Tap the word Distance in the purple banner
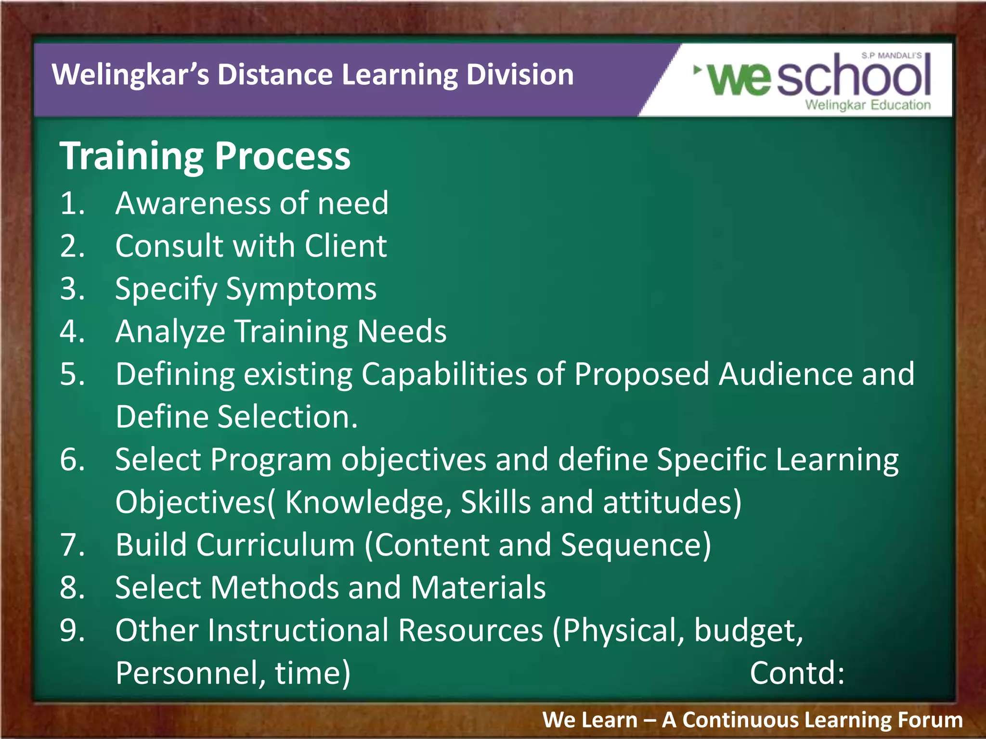coord(275,75)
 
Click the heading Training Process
coord(205,156)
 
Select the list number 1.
coord(72,203)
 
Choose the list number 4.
coord(72,331)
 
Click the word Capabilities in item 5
coord(444,374)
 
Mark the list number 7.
coord(72,545)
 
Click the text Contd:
coord(797,673)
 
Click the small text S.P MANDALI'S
coord(891,56)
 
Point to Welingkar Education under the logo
coord(868,105)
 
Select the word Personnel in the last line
coord(190,673)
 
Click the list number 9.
coord(72,631)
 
